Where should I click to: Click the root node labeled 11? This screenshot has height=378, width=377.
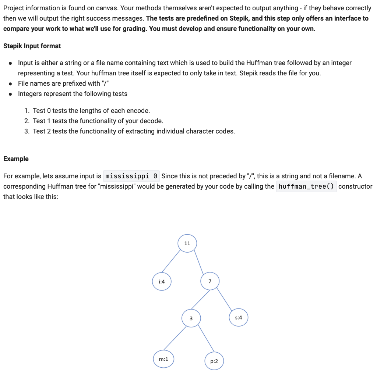tap(187, 243)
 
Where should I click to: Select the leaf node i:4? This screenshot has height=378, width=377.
tap(162, 282)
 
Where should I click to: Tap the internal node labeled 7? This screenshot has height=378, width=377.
tap(210, 281)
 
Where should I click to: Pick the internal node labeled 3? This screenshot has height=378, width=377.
tap(191, 318)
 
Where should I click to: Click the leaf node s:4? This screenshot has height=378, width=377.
tap(239, 318)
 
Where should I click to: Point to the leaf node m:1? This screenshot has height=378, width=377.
tap(163, 359)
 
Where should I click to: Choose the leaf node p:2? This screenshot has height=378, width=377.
tap(214, 361)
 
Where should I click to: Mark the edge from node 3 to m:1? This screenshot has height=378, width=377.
tap(176, 338)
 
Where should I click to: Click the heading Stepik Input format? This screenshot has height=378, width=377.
tap(32, 46)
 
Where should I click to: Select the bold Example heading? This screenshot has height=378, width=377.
tap(16, 159)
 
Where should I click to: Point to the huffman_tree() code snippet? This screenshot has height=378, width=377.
tap(306, 186)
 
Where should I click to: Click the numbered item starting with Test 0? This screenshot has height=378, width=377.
tap(91, 111)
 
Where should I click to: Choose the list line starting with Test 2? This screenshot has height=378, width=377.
tap(133, 131)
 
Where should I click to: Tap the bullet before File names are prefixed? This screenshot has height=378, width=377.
tap(11, 83)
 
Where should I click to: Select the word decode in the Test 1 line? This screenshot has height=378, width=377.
tap(153, 121)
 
